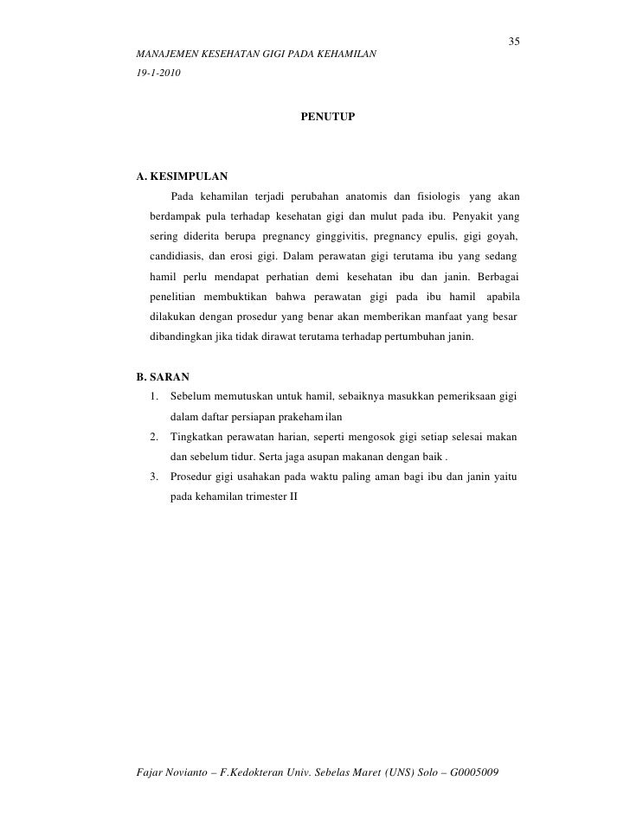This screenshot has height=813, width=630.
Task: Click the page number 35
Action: click(x=513, y=42)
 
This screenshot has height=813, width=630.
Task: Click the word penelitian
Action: click(x=176, y=298)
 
